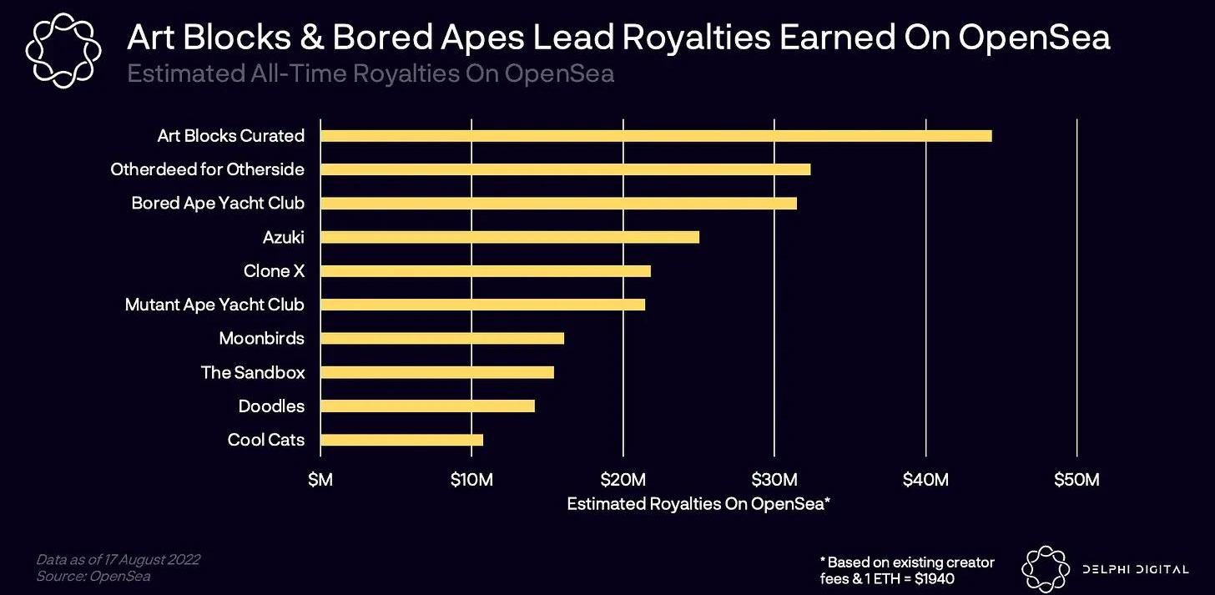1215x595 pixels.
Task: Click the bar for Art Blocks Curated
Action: click(656, 136)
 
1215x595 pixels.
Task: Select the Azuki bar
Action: click(510, 237)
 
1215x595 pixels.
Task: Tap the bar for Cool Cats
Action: click(401, 440)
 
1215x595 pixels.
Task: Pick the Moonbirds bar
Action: click(442, 338)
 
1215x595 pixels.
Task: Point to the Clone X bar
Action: click(486, 271)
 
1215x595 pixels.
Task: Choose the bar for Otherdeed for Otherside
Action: click(565, 169)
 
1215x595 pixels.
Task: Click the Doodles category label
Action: click(271, 406)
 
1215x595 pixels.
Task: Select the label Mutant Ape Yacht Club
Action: click(214, 305)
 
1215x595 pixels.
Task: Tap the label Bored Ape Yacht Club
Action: click(218, 203)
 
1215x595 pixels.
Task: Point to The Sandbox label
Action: click(253, 372)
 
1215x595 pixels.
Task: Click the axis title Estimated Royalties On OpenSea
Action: click(698, 503)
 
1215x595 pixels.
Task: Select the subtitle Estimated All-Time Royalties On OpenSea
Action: click(371, 73)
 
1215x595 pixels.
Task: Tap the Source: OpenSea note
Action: click(93, 576)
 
